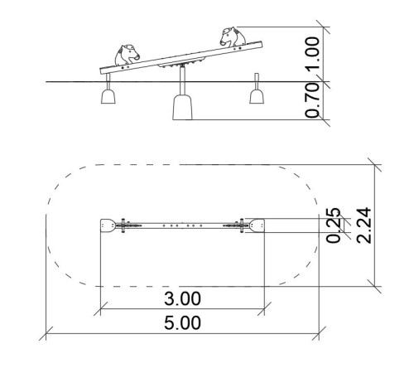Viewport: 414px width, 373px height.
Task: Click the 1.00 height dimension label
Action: (313, 54)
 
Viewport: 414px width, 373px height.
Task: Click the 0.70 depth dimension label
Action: (313, 100)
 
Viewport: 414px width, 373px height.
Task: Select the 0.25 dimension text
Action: (334, 225)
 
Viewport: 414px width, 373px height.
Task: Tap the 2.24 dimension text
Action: (363, 225)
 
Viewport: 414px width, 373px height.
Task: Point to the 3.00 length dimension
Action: (182, 298)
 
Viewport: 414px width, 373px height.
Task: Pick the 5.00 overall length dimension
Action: (182, 323)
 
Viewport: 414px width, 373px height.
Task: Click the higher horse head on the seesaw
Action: (233, 36)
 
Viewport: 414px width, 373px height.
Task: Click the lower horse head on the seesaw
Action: (127, 56)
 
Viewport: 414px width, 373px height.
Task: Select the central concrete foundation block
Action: (182, 108)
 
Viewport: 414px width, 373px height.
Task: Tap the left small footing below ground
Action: (108, 96)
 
